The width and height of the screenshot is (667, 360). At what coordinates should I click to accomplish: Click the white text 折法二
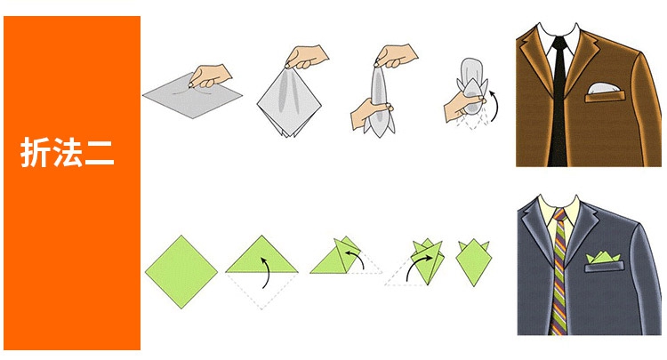pyautogui.click(x=68, y=153)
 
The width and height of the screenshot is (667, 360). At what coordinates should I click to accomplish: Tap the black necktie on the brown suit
pyautogui.click(x=559, y=102)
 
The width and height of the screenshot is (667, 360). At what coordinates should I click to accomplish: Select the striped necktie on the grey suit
pyautogui.click(x=559, y=272)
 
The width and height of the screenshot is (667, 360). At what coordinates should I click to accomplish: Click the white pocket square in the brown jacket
pyautogui.click(x=603, y=88)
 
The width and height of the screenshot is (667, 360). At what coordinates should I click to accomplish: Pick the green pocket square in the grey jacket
pyautogui.click(x=604, y=258)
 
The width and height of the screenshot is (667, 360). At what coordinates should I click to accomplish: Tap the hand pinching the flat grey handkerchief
pyautogui.click(x=210, y=76)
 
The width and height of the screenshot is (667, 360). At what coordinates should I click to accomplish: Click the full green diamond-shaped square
pyautogui.click(x=181, y=272)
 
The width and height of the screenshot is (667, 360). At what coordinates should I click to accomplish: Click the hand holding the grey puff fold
pyautogui.click(x=462, y=106)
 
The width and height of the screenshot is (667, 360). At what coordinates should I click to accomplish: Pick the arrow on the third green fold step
pyautogui.click(x=355, y=258)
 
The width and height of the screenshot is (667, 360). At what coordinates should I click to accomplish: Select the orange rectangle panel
pyautogui.click(x=72, y=183)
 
